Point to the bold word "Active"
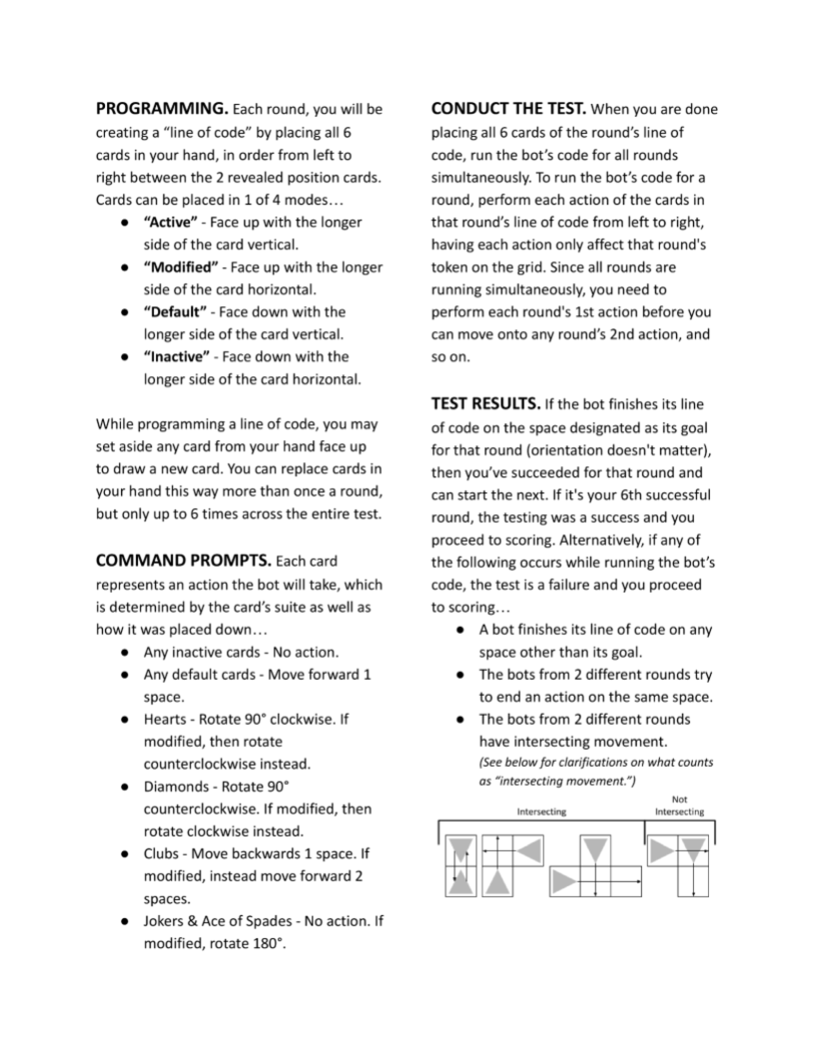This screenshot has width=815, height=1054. [172, 222]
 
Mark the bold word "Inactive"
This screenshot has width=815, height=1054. [177, 356]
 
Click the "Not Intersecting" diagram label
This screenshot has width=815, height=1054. [679, 804]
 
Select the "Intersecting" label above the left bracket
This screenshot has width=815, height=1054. [541, 811]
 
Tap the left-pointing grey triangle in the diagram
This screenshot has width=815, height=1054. [530, 849]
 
